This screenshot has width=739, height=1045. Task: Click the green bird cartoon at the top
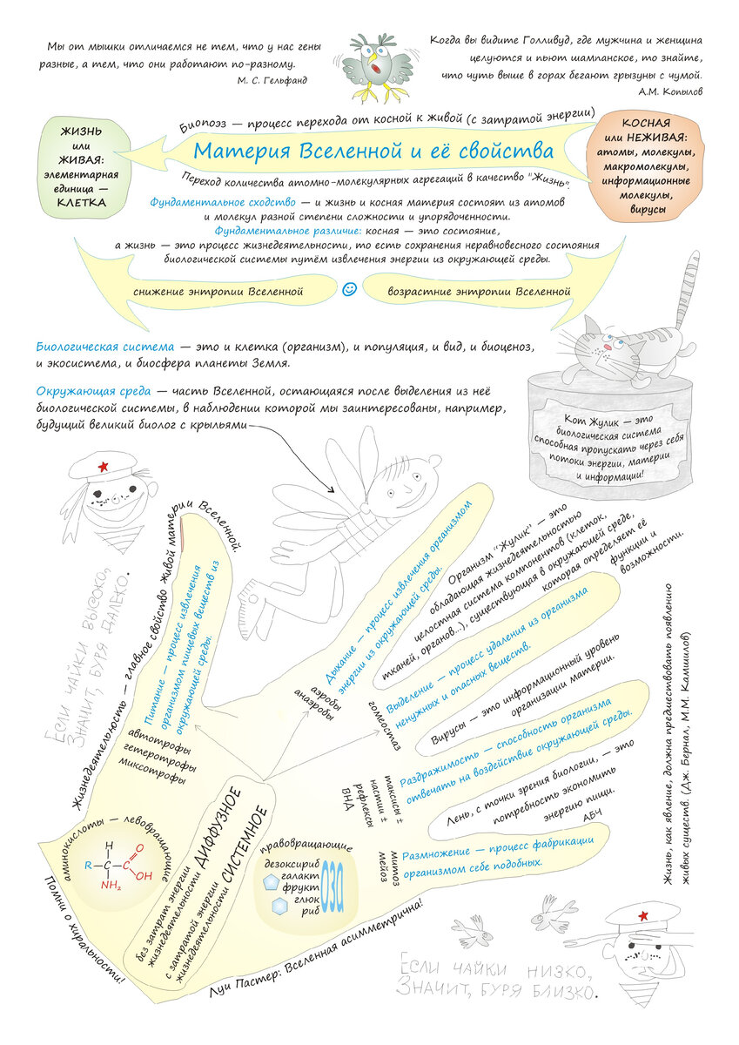(376, 66)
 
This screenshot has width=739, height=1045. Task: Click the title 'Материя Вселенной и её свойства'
(373, 149)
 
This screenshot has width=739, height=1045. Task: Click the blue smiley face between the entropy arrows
(350, 288)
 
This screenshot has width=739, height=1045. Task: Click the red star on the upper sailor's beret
(103, 468)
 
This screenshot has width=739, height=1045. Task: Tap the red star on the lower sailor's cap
(645, 915)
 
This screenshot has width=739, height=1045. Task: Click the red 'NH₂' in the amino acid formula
(111, 886)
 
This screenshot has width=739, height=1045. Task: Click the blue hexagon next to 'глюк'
(280, 906)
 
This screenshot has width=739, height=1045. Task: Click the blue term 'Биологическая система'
(104, 347)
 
